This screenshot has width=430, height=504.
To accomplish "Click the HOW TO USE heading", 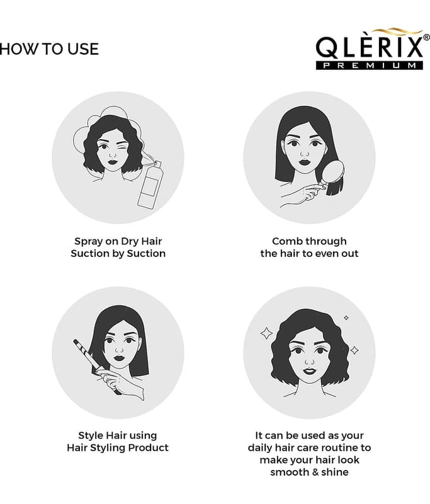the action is coord(49,49).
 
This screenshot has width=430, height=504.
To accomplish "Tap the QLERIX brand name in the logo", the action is coord(370,48).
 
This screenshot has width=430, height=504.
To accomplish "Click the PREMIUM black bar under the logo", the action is coord(370,66).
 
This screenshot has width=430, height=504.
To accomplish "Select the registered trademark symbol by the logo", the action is coord(426,37).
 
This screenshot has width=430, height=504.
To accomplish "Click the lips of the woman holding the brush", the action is coord(305,162).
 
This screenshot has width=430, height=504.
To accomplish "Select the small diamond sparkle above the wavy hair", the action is coord(346,318).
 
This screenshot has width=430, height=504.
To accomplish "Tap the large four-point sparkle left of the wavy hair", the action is coord(266,333).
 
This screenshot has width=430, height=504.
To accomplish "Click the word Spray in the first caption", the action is coord(88,241).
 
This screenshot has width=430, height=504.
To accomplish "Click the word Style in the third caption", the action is coord(91,435).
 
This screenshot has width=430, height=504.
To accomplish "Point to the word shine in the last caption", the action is coord(335,472).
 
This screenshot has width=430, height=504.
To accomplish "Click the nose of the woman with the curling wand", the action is coord(119,350).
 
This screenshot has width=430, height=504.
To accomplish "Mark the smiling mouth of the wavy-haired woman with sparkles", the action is coord(310,371).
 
